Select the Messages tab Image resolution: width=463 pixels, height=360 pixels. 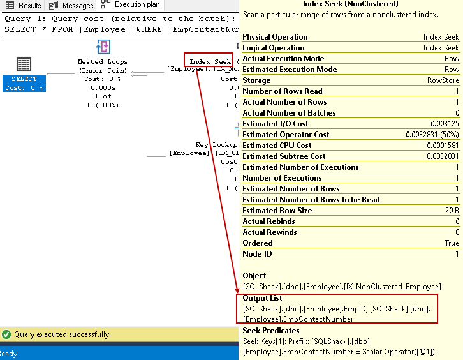73,6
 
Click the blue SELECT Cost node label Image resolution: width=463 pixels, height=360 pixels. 24,83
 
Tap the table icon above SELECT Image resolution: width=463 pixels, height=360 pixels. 24,64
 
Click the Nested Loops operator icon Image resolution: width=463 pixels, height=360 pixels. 103,47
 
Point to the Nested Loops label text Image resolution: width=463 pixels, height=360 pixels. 103,62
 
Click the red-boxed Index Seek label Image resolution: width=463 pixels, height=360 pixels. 208,61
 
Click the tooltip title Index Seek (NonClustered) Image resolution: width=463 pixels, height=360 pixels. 351,4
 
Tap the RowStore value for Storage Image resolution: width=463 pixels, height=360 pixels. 443,80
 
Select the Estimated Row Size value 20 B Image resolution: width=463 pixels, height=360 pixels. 450,211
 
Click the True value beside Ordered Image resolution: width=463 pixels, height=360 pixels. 452,243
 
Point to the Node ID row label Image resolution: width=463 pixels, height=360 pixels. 258,254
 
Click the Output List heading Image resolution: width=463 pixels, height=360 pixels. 263,298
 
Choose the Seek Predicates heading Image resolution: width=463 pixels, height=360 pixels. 271,331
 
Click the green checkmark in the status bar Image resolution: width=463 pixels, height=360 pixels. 6,334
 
